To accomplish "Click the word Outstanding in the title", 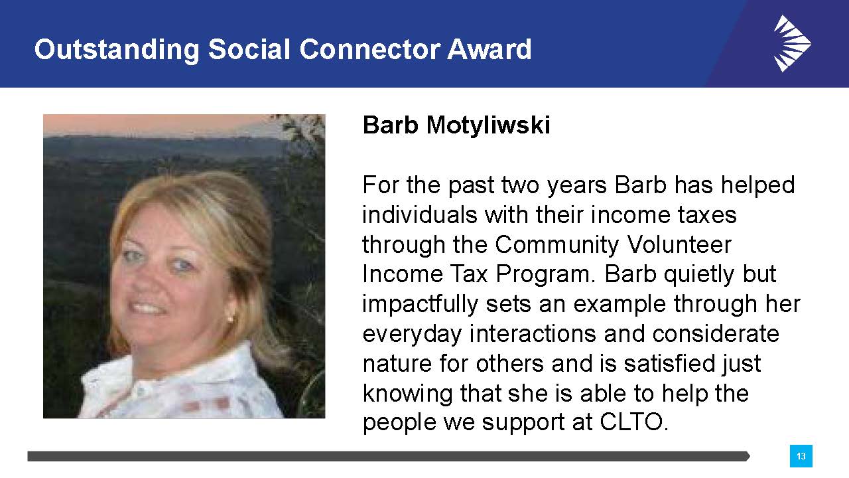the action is point(117,50).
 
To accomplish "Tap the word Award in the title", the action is point(490,49).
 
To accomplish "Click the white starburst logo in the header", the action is point(792,43).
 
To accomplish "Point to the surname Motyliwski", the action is point(488,125).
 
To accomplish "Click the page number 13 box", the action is point(801,456).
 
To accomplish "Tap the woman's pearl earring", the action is point(229,319).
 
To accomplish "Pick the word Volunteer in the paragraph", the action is point(679,245).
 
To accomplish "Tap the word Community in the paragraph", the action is point(556,246).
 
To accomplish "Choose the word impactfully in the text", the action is point(420,305).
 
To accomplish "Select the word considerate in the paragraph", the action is point(716,334).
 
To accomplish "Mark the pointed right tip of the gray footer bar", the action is point(750,456).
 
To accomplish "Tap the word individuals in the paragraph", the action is point(420,215).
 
